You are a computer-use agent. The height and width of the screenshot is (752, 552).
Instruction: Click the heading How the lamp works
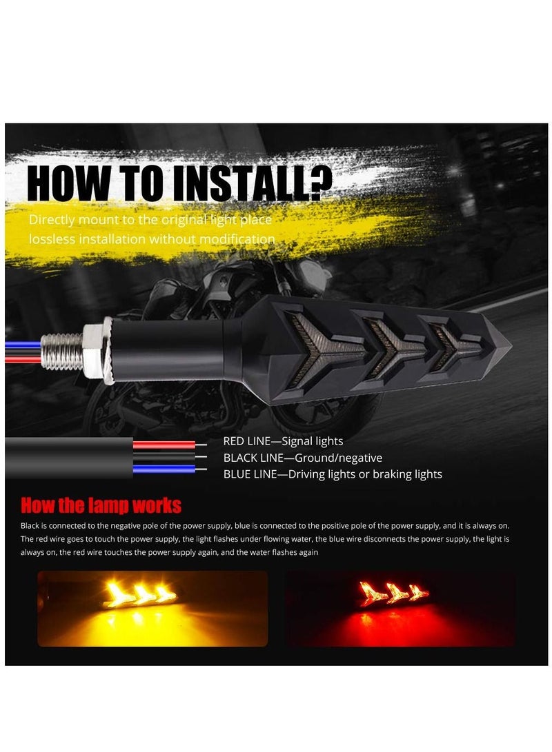tap(101, 505)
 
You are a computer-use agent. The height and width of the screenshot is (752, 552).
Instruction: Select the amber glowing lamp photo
tap(152, 608)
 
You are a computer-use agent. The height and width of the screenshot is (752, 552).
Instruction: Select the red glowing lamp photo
tap(400, 608)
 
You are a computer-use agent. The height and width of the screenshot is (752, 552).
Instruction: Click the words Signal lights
tap(312, 441)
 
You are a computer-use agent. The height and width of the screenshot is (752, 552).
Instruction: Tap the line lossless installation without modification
tap(152, 239)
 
